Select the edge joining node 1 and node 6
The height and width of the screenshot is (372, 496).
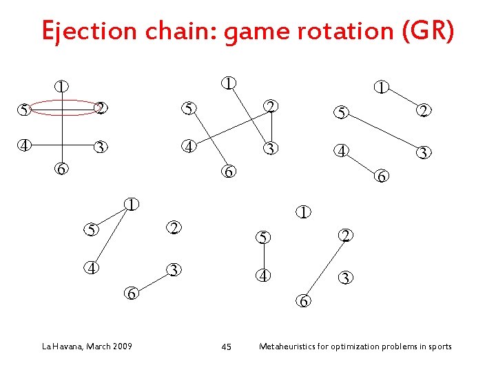click(x=63, y=131)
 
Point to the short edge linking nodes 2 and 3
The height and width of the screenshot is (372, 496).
click(x=272, y=127)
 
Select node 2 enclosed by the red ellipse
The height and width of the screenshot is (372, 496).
click(x=100, y=108)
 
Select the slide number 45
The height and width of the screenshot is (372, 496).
click(x=226, y=347)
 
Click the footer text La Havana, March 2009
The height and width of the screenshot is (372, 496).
click(x=85, y=346)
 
